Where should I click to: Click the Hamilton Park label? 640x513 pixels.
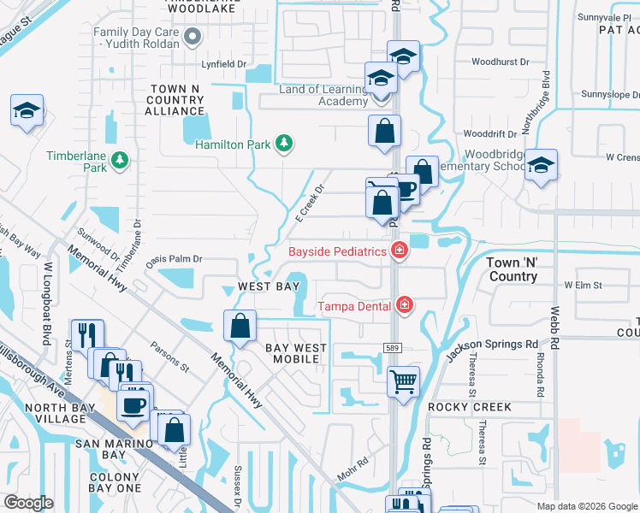pyautogui.click(x=232, y=144)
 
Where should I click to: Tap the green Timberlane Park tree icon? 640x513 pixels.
pyautogui.click(x=121, y=159)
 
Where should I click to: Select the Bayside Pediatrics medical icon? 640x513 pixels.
pyautogui.click(x=399, y=250)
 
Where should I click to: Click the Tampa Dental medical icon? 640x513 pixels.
pyautogui.click(x=404, y=305)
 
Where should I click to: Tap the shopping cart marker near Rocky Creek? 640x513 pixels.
pyautogui.click(x=403, y=380)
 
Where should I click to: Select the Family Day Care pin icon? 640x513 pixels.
pyautogui.click(x=193, y=36)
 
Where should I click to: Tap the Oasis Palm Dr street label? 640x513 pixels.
pyautogui.click(x=173, y=258)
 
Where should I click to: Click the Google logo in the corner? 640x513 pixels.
pyautogui.click(x=29, y=503)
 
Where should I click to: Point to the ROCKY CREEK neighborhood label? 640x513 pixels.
pyautogui.click(x=476, y=407)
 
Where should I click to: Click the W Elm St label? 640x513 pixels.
pyautogui.click(x=584, y=285)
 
